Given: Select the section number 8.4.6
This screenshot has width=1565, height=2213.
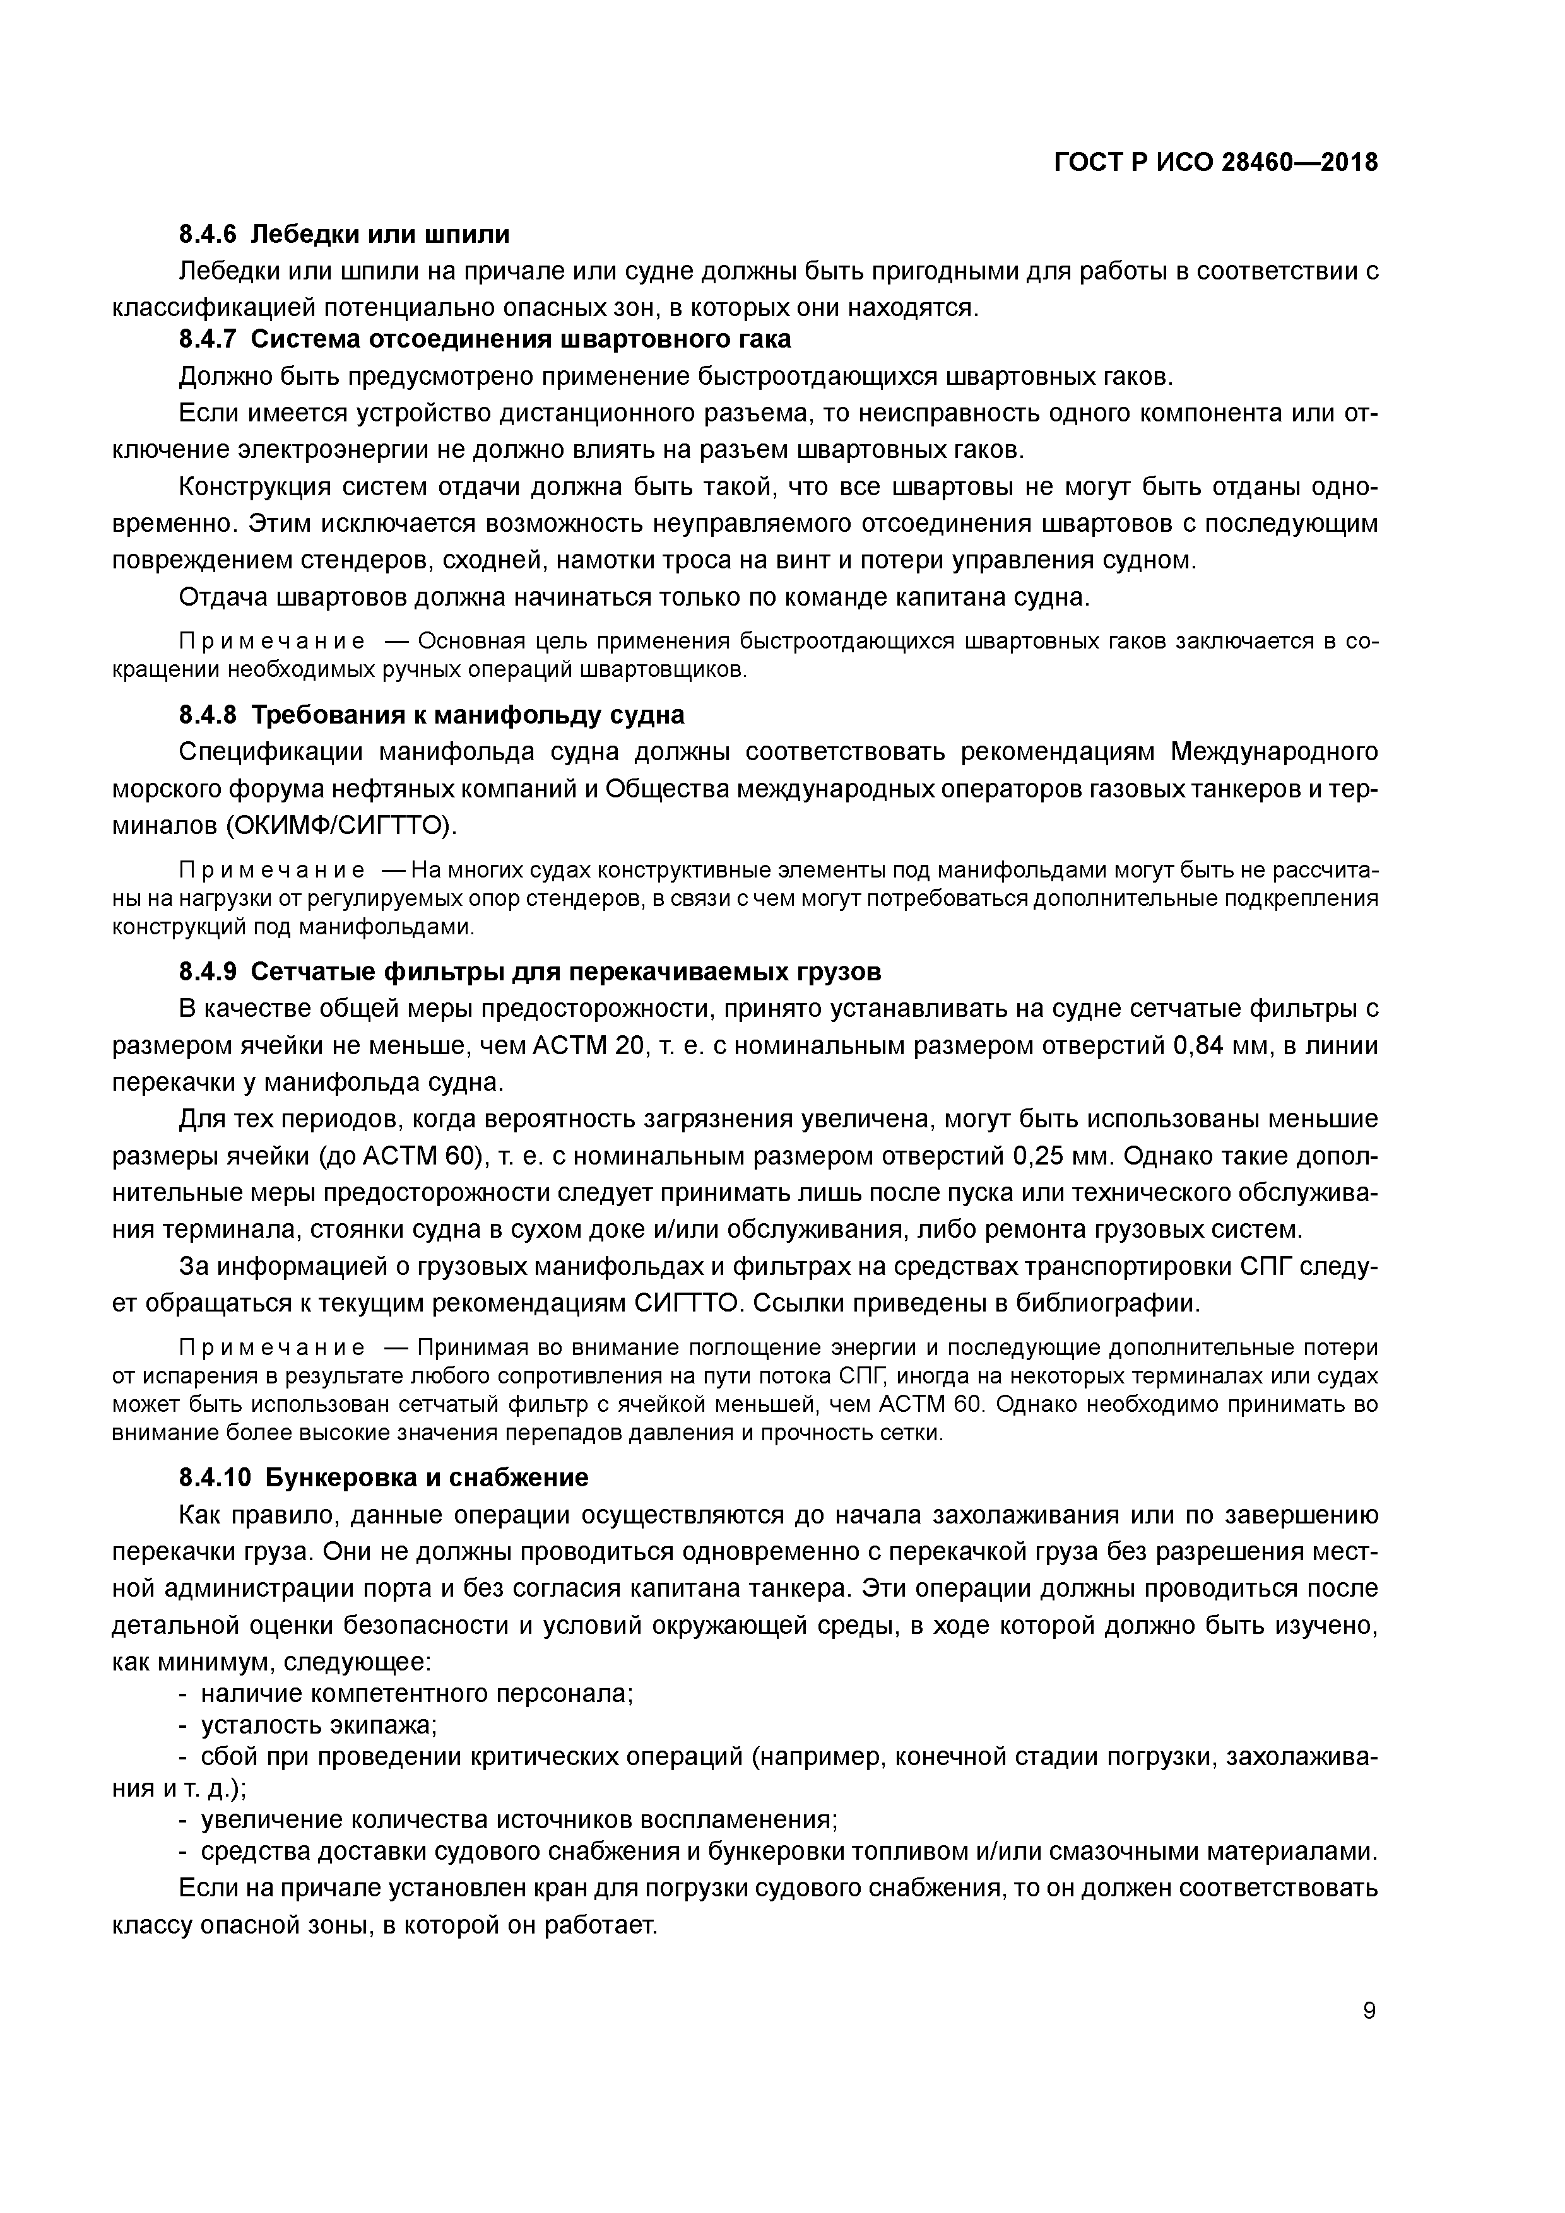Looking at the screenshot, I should [x=208, y=234].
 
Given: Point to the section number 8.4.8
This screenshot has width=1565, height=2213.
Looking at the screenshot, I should [x=208, y=715].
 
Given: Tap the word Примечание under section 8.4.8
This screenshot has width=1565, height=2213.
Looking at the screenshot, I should [x=272, y=871].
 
